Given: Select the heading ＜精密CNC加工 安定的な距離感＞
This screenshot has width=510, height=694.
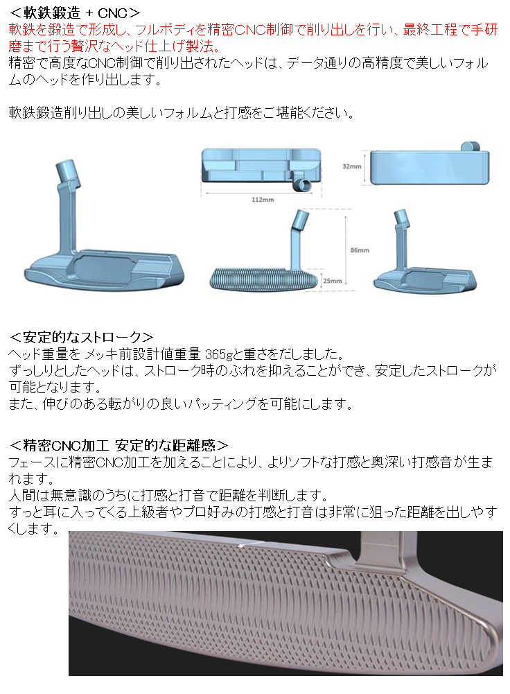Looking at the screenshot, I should click(x=118, y=444).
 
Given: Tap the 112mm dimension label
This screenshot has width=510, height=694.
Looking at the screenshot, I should click(x=261, y=199).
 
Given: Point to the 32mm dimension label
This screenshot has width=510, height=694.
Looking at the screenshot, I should click(x=352, y=166).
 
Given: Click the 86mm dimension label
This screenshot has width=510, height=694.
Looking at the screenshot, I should click(x=360, y=250).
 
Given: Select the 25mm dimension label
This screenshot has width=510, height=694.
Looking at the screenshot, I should click(x=333, y=281).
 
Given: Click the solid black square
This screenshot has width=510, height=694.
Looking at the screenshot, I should click(x=143, y=204).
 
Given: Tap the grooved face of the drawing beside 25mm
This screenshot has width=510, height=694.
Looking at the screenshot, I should click(x=264, y=279).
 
